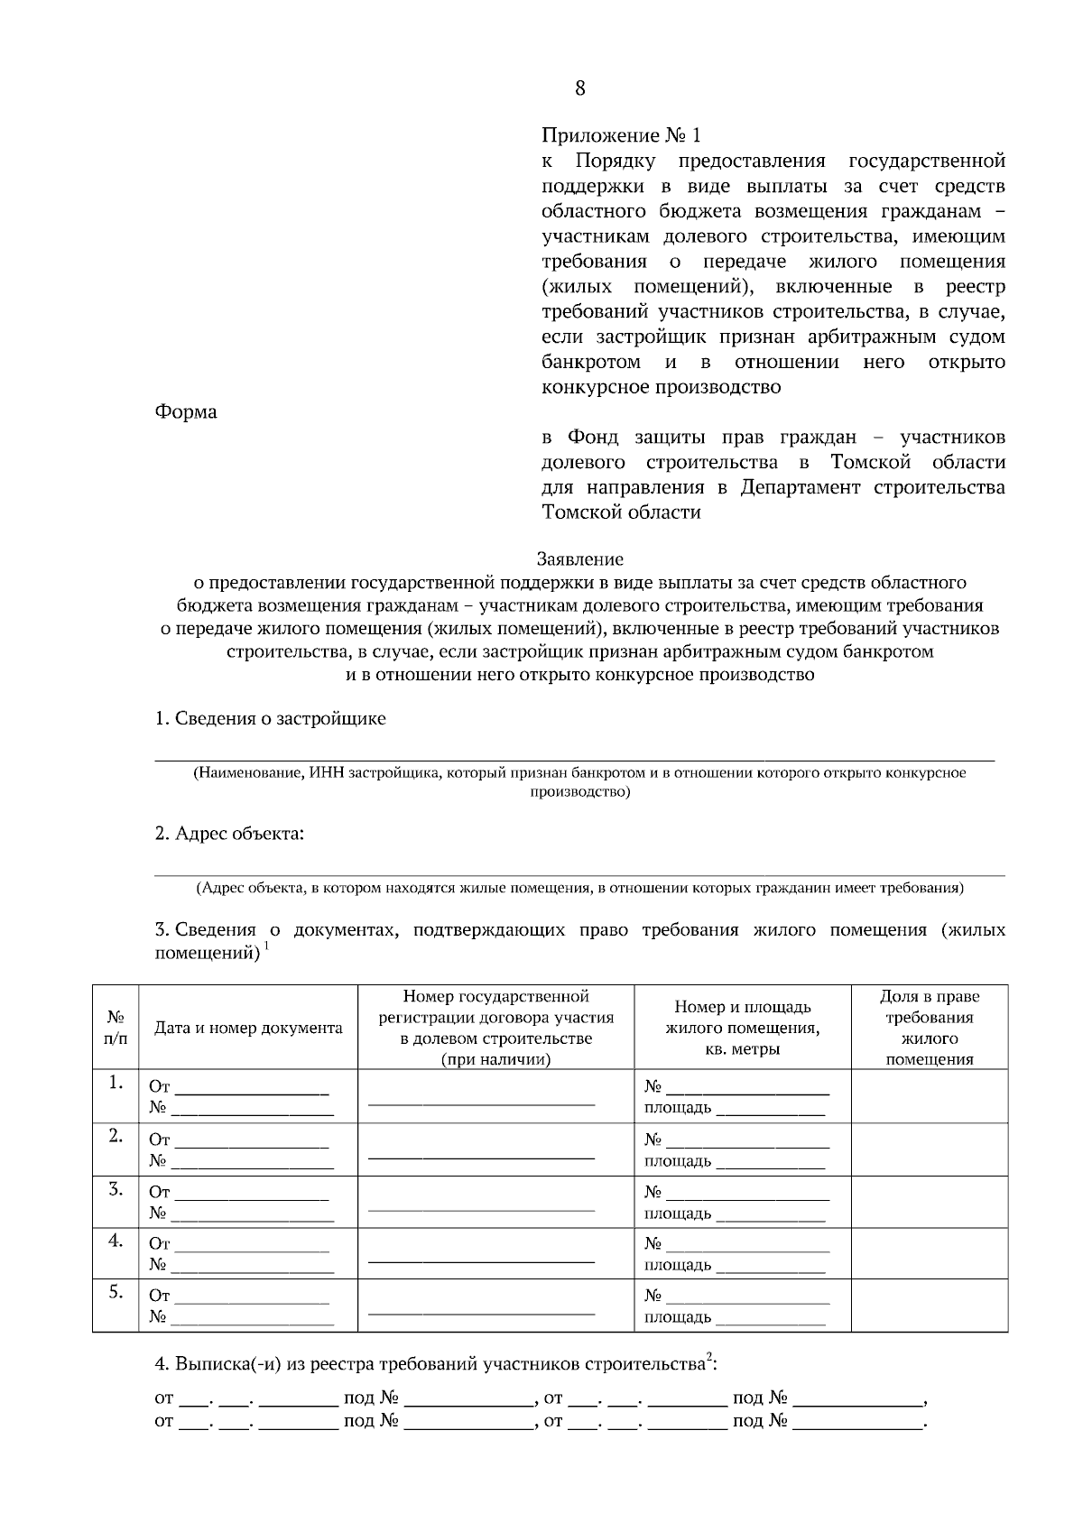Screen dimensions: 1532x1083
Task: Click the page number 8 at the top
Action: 579,88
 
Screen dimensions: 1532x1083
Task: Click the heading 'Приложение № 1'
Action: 621,135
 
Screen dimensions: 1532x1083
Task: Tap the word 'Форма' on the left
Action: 186,411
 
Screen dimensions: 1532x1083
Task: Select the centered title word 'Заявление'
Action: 579,559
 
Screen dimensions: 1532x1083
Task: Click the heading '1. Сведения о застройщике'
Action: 270,718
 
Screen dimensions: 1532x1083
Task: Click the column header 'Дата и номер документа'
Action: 248,1028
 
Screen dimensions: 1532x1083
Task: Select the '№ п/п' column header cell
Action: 116,1028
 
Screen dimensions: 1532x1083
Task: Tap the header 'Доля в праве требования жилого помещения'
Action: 930,1028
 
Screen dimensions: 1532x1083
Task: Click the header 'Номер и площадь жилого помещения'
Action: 743,1028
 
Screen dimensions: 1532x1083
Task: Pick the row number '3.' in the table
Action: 116,1189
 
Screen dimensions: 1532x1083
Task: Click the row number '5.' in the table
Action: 116,1292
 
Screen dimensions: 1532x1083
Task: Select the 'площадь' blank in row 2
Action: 770,1163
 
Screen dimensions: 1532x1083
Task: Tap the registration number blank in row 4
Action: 482,1258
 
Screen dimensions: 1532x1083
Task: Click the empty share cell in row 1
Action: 930,1096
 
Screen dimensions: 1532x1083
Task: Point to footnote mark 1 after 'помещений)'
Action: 267,947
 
